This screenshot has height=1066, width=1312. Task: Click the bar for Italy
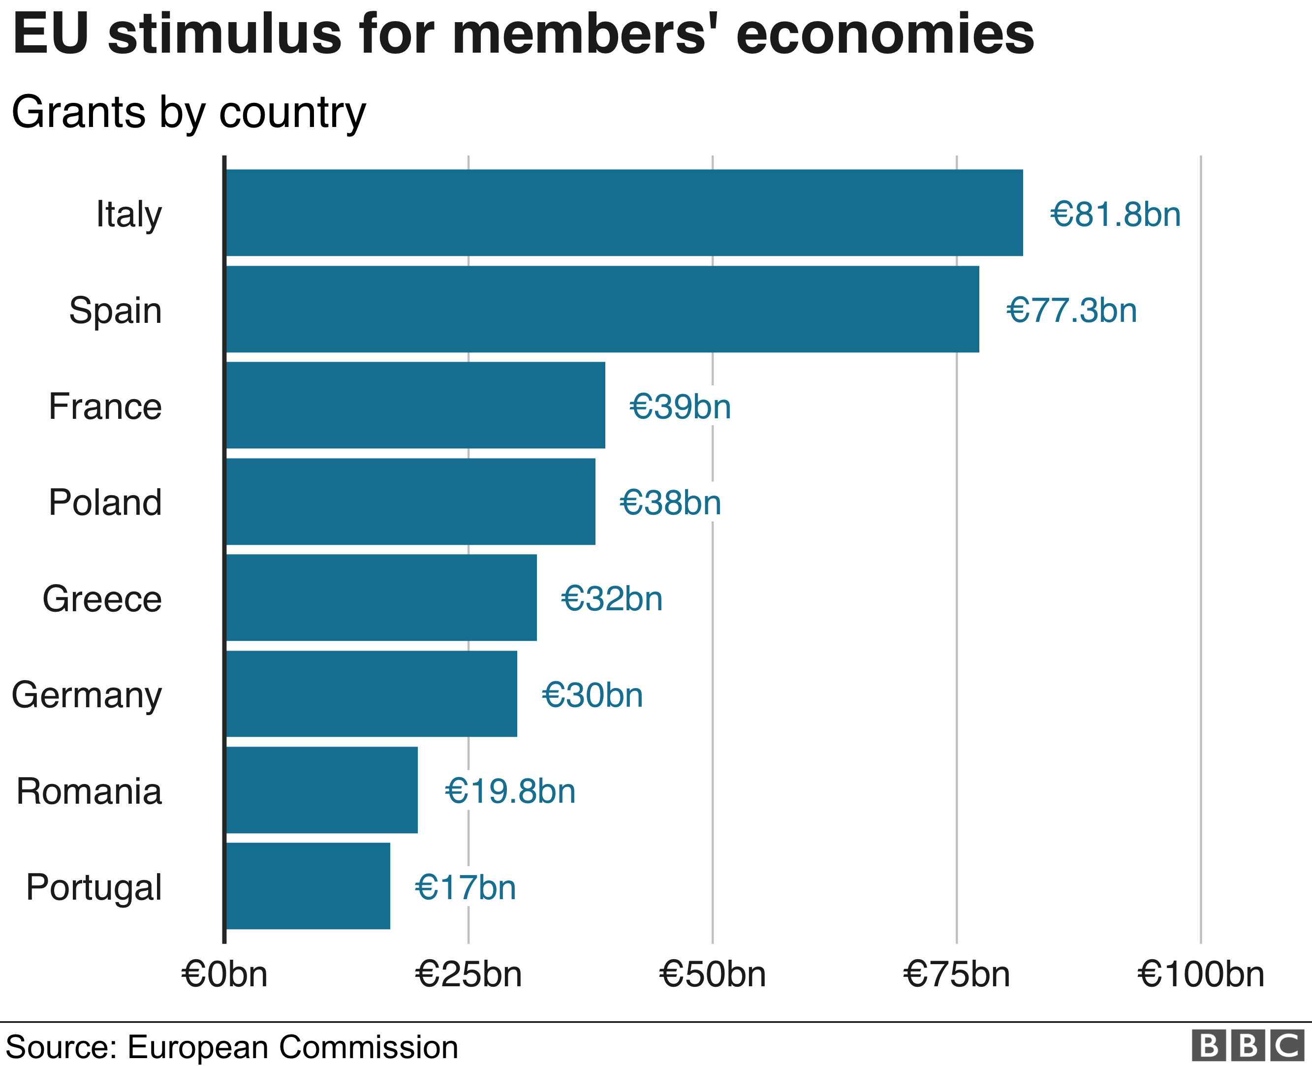[624, 213]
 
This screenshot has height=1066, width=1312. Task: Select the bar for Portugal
[308, 885]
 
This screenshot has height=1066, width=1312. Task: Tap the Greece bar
[380, 597]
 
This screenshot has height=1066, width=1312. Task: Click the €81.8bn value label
[1115, 214]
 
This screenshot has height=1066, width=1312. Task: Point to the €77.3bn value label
[1071, 310]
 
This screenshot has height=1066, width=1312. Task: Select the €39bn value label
[680, 407]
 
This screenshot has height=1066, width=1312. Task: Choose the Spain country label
[116, 310]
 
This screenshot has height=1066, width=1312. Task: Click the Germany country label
[87, 695]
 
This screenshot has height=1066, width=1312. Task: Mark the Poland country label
[105, 502]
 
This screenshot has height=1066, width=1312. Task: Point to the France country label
[105, 407]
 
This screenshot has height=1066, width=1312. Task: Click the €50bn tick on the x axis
[712, 974]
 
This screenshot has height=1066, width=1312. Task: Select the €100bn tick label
[1200, 974]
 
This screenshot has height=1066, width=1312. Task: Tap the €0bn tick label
[224, 974]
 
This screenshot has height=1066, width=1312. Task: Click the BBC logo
[1248, 1045]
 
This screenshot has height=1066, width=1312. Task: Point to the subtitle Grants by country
[188, 112]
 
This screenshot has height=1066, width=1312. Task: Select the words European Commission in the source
[293, 1047]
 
